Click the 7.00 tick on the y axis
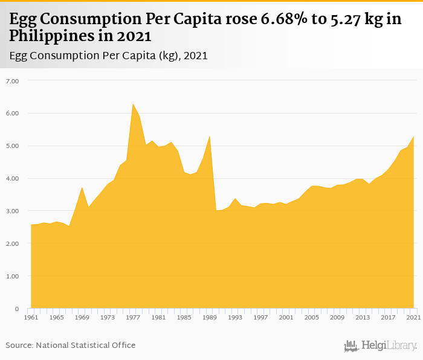[12, 81]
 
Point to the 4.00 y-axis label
[12, 179]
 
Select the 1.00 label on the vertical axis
[12, 277]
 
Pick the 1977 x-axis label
[133, 317]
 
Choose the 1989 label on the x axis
[210, 317]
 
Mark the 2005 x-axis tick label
[312, 317]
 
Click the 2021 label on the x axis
[414, 317]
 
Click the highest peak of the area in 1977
[133, 104]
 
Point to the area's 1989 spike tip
[210, 137]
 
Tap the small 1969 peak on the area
[82, 188]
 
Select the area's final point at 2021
[414, 137]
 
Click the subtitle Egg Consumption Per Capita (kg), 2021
[109, 56]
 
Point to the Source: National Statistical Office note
[71, 346]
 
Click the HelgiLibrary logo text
[389, 346]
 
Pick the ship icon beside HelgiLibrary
[351, 346]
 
